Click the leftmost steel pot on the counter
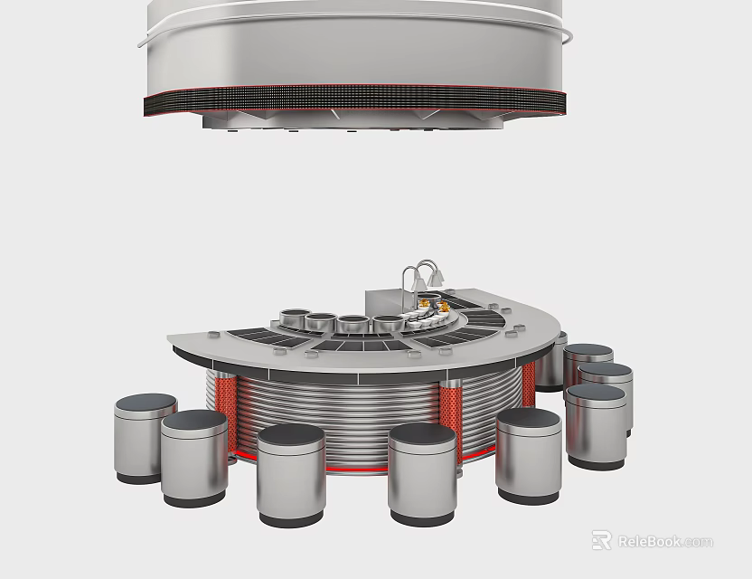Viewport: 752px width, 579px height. pyautogui.click(x=295, y=318)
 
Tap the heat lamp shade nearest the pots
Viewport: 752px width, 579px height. pyautogui.click(x=418, y=284)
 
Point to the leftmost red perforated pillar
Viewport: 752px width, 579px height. pyautogui.click(x=225, y=412)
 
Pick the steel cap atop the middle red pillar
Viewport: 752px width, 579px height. pyautogui.click(x=451, y=384)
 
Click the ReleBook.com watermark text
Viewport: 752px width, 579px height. pyautogui.click(x=665, y=542)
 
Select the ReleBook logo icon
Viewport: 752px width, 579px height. pyautogui.click(x=601, y=540)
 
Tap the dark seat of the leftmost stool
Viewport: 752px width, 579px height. pyautogui.click(x=146, y=403)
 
